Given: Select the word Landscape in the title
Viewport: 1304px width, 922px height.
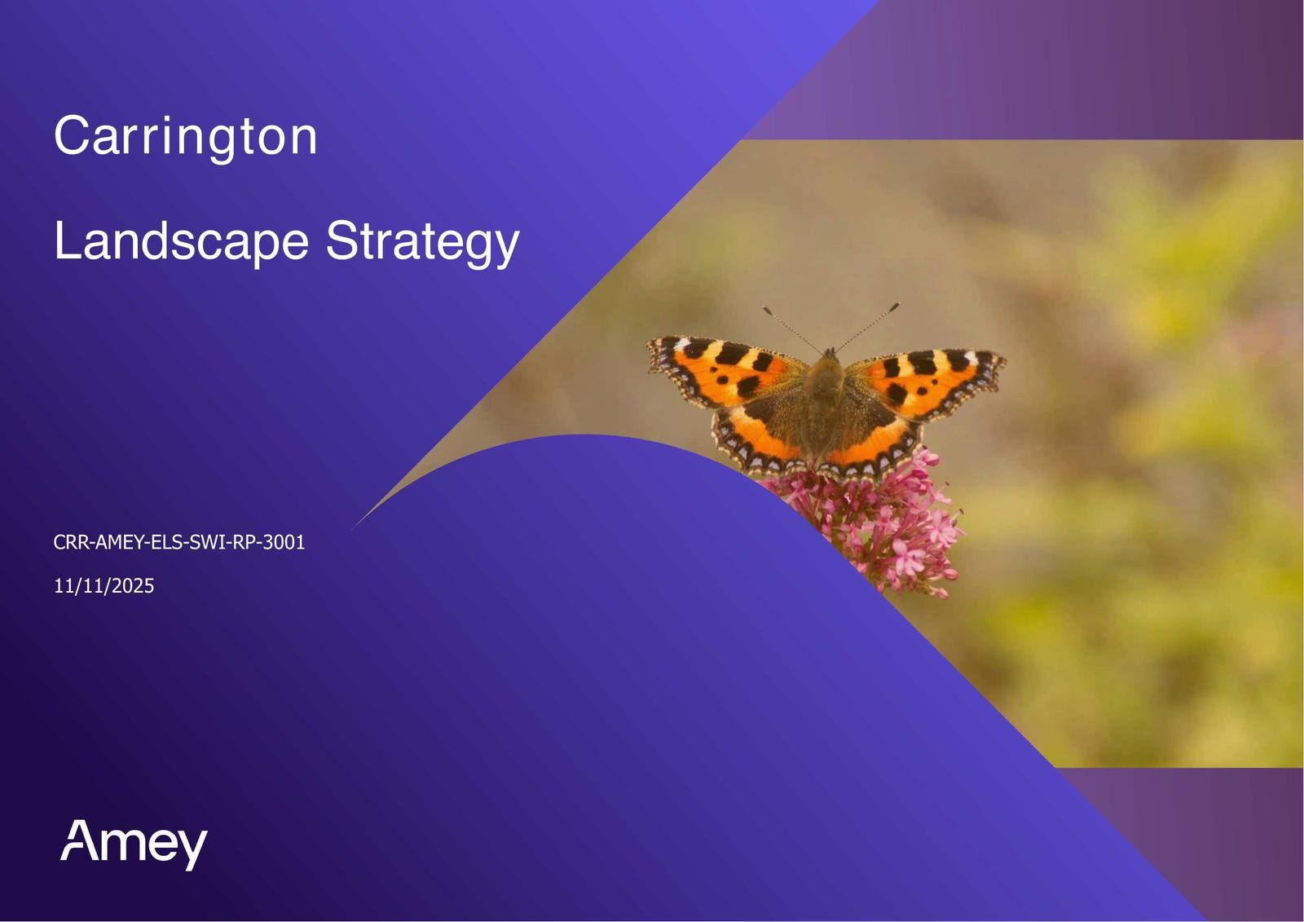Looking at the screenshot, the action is click(x=181, y=241).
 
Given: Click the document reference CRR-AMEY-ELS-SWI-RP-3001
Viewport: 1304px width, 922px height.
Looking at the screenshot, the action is click(x=179, y=542).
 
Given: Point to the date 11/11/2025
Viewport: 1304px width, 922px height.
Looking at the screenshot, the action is click(x=104, y=586).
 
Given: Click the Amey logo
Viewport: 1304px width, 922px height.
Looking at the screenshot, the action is click(x=134, y=844).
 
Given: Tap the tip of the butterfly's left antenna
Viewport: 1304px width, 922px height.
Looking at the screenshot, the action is click(x=765, y=308).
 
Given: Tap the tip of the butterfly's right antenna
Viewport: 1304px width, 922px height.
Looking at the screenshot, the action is click(x=897, y=304).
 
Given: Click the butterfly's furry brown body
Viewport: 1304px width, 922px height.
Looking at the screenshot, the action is click(x=824, y=408).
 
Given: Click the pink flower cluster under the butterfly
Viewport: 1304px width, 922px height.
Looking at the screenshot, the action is click(x=879, y=524).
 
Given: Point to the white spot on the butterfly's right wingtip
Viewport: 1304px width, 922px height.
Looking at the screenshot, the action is click(x=971, y=357).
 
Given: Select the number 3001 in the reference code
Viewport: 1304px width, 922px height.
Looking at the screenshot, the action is click(x=284, y=542).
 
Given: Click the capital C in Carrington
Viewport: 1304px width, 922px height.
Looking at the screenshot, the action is click(x=71, y=135).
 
